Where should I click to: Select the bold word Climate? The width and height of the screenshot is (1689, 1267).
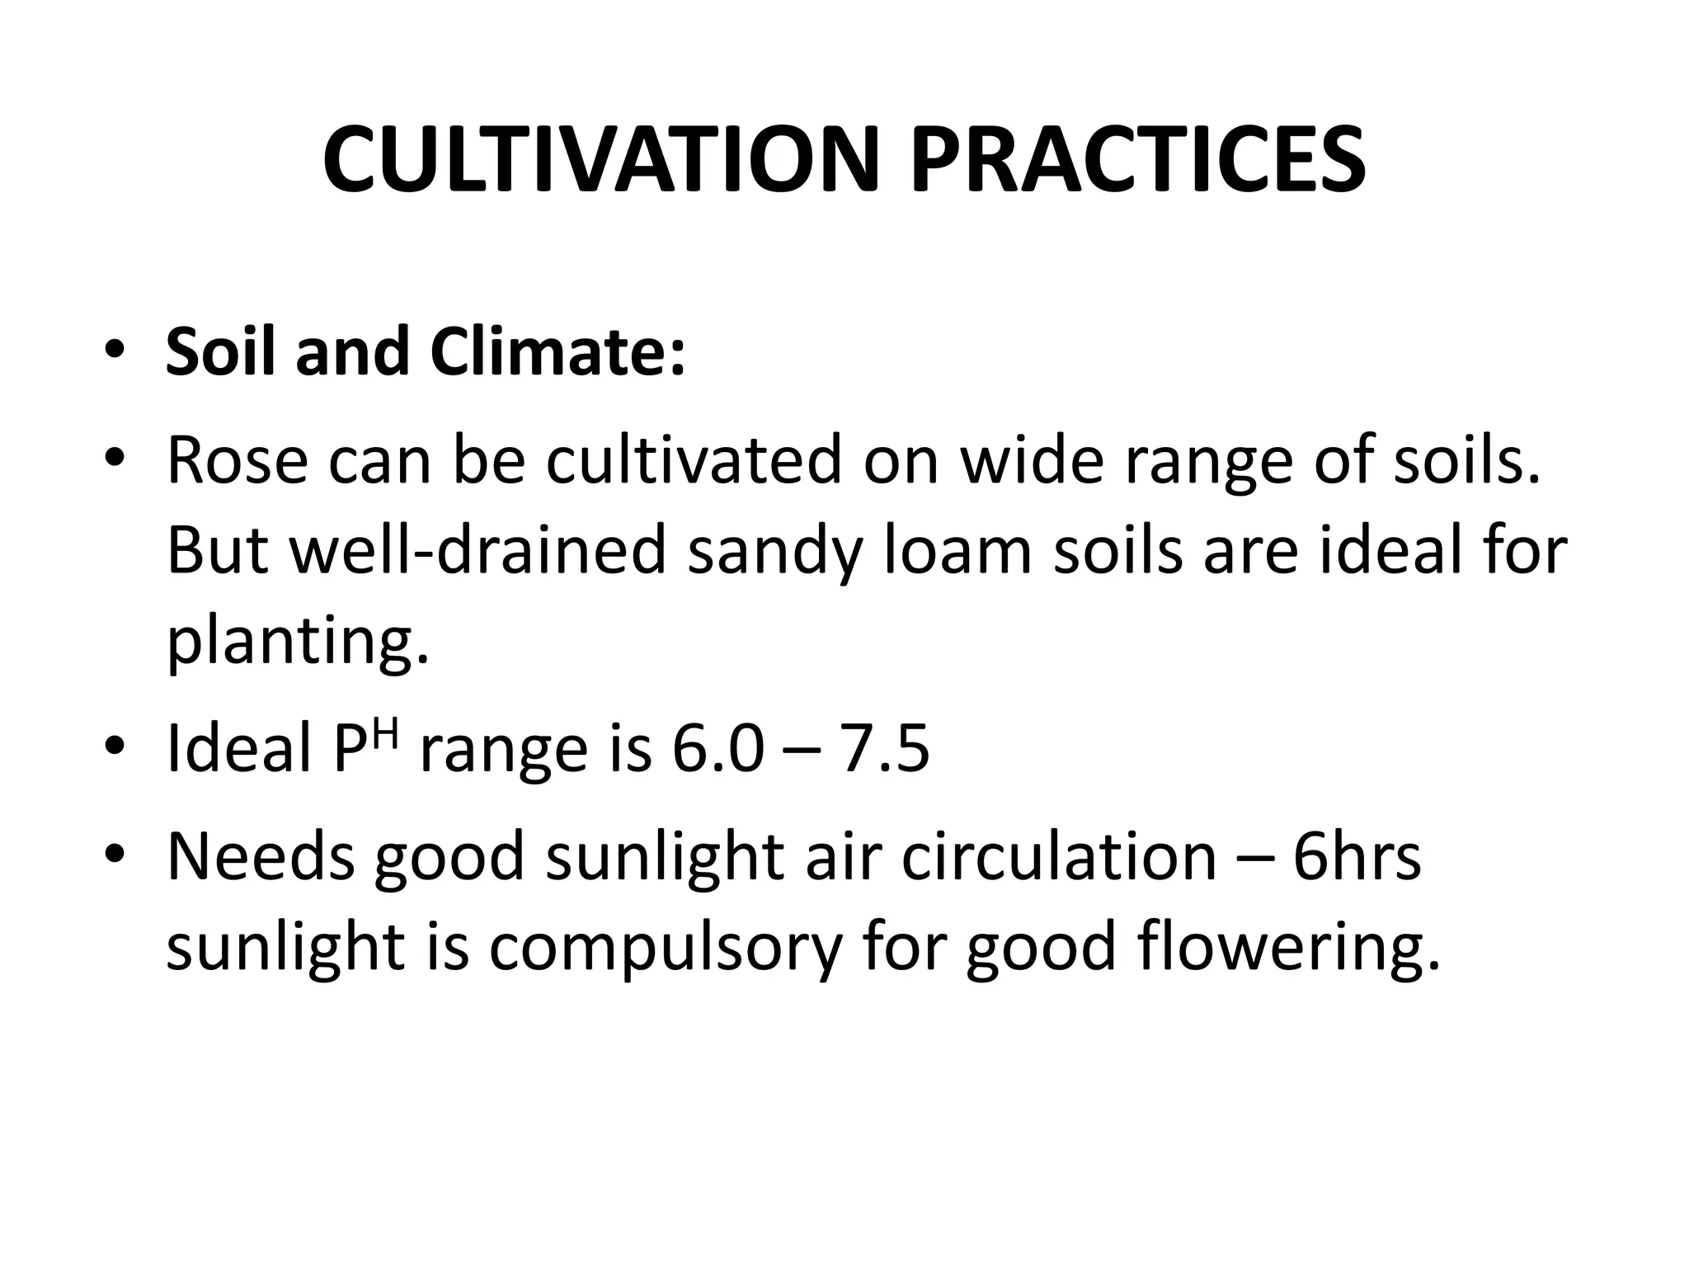pos(558,352)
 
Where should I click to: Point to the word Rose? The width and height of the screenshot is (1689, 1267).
pos(238,460)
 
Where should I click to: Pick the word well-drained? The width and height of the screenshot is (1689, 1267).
pos(478,551)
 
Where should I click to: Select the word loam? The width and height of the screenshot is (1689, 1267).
pos(957,551)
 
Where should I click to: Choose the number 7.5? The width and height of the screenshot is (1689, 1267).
pos(884,749)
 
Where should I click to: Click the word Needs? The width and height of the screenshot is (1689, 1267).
pos(260,856)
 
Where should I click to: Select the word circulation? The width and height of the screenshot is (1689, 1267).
pos(1059,856)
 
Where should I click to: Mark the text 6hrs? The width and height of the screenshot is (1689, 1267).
pos(1357,856)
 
